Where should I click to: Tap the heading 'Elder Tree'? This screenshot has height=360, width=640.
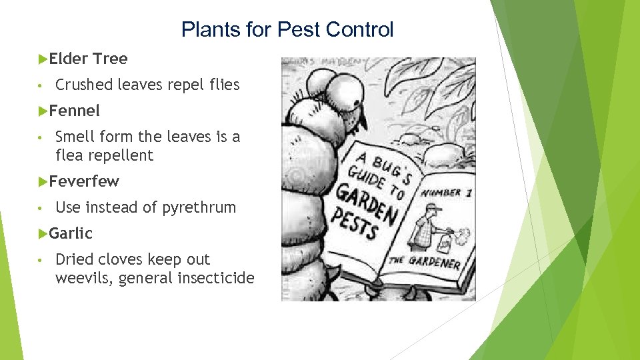coord(88,59)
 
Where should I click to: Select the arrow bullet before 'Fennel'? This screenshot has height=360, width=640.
coord(43,111)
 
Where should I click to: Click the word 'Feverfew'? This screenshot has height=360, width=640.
coord(84,181)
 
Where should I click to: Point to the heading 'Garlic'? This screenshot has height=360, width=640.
coord(71,233)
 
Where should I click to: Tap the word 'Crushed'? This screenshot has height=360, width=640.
coord(84,85)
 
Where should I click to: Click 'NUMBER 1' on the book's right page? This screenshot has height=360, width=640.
coord(446,193)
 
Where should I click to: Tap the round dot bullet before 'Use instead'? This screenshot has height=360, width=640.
coord(41,208)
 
